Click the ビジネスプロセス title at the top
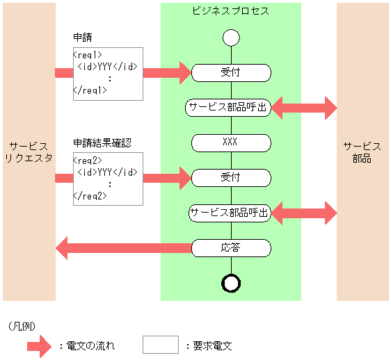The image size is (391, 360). coord(230,12)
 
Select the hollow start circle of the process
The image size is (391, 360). coord(231,37)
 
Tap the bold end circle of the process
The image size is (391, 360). coord(231,282)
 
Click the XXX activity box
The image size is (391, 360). coord(230,142)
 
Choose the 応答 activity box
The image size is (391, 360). coord(230,247)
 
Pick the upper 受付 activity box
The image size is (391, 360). coord(230,72)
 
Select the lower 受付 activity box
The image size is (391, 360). coord(230,178)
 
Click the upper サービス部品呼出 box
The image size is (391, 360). coord(228,107)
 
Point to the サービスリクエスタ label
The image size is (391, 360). coord(29,152)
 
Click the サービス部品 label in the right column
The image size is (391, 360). coord(362,152)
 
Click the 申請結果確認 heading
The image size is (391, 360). coord(103,143)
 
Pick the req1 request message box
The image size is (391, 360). coord(108,73)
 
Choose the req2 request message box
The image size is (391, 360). coord(108,179)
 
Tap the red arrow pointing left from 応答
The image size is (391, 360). coord(122,247)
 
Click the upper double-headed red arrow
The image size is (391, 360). coord(304,107)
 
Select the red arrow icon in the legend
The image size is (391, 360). coord(43,345)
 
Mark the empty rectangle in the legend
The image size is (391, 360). coord(161,344)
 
